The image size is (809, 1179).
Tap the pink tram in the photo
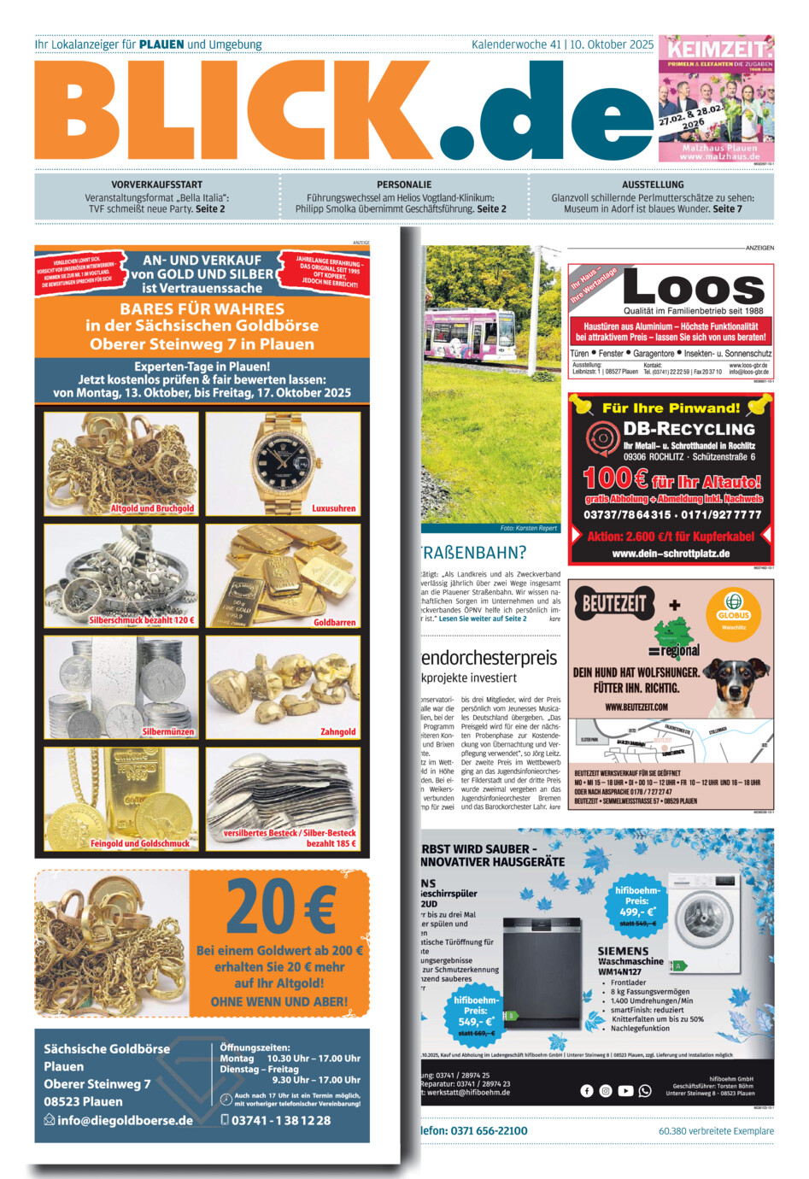click(x=471, y=333)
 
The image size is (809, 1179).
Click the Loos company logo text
click(x=694, y=287)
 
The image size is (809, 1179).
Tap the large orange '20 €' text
click(x=280, y=907)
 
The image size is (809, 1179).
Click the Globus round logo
click(x=733, y=608)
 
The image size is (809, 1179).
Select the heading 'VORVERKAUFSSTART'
click(x=157, y=185)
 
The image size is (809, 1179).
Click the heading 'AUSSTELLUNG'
click(x=653, y=185)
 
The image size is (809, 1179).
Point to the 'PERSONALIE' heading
click(x=404, y=185)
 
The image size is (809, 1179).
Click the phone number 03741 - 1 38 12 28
click(x=281, y=1120)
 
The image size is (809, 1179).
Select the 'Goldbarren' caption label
click(x=334, y=622)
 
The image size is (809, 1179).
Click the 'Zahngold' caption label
click(x=338, y=731)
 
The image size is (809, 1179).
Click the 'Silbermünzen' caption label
click(x=168, y=731)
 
